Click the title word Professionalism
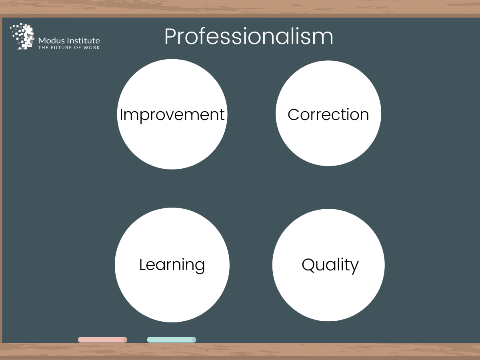pyautogui.click(x=249, y=36)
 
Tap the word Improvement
pyautogui.click(x=172, y=115)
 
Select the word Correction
pyautogui.click(x=328, y=114)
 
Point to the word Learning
pyautogui.click(x=172, y=265)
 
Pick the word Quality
pyautogui.click(x=330, y=265)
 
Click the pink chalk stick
pyautogui.click(x=102, y=340)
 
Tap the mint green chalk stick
pyautogui.click(x=172, y=340)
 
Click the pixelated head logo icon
pyautogui.click(x=22, y=36)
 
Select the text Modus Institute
pyautogui.click(x=69, y=41)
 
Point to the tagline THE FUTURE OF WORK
pyautogui.click(x=69, y=48)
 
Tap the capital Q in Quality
pyautogui.click(x=308, y=265)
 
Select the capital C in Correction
pyautogui.click(x=294, y=114)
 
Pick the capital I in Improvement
pyautogui.click(x=121, y=114)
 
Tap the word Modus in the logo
pyautogui.click(x=52, y=41)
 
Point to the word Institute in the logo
pyautogui.click(x=84, y=41)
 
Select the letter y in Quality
pyautogui.click(x=354, y=268)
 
